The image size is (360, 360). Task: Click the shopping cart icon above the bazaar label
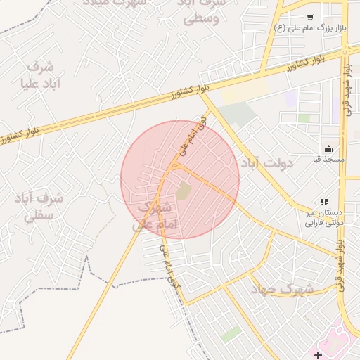[310, 17]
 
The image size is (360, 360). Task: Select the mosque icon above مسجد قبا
[328, 149]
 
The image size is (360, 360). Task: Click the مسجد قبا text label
[328, 160]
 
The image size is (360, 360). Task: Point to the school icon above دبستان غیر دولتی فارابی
[324, 202]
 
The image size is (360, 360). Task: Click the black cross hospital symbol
[319, 354]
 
